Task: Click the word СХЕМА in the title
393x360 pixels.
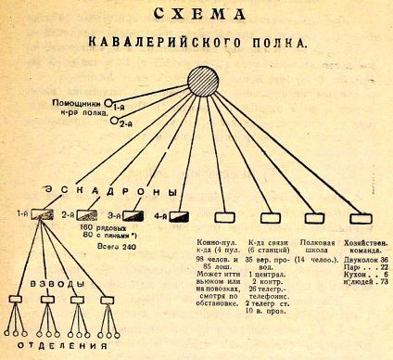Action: click(x=196, y=14)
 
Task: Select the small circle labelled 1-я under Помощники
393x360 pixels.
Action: click(x=108, y=105)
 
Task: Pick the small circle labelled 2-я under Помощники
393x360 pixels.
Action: click(x=115, y=120)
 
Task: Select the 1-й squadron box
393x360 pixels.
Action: click(x=41, y=214)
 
